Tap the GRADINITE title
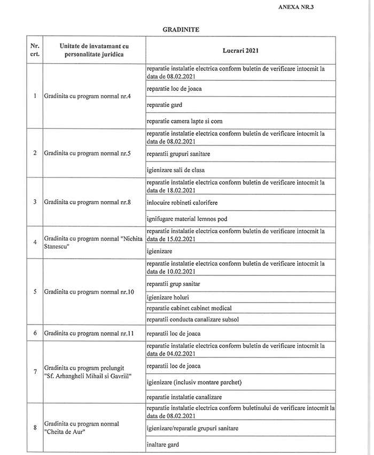point(181,29)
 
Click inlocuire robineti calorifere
point(182,203)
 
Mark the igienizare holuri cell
point(168,297)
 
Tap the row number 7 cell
point(35,372)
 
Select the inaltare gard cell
point(163,444)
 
